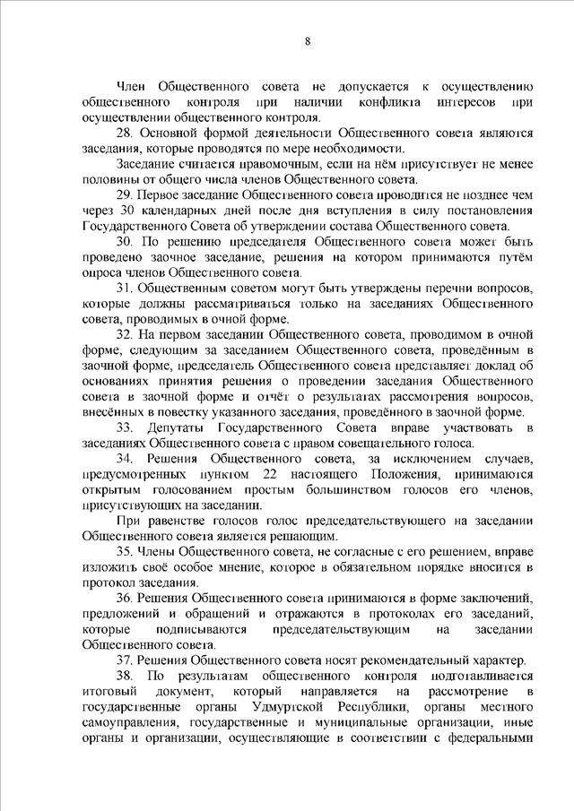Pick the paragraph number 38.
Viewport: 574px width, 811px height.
pos(124,673)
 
